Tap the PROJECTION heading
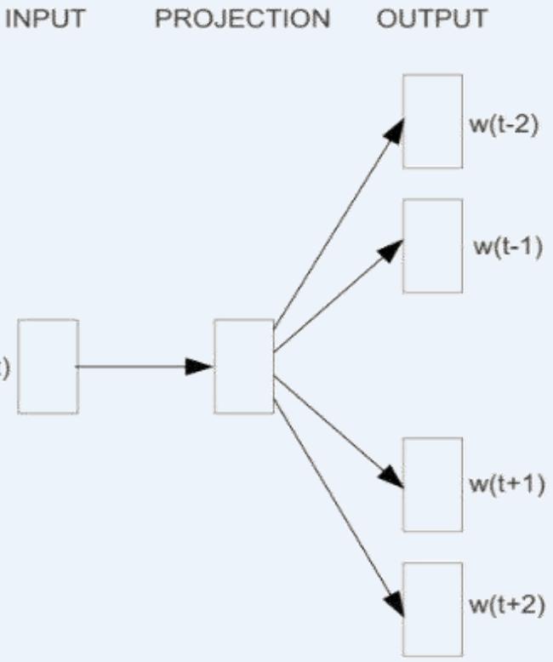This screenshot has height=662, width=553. pyautogui.click(x=243, y=19)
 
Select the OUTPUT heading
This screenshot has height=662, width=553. pyautogui.click(x=432, y=19)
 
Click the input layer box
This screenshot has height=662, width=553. pyautogui.click(x=48, y=367)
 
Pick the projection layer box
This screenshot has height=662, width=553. pyautogui.click(x=244, y=367)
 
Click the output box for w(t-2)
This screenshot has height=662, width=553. pyautogui.click(x=432, y=121)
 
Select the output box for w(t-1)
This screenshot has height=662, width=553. pyautogui.click(x=432, y=246)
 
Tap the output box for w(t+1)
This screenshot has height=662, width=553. pyautogui.click(x=432, y=484)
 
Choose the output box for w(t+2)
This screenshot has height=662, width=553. pyautogui.click(x=432, y=608)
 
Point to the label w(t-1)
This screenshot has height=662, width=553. pyautogui.click(x=507, y=250)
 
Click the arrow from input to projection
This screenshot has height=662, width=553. pyautogui.click(x=136, y=367)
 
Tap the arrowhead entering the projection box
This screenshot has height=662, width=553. pyautogui.click(x=201, y=367)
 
